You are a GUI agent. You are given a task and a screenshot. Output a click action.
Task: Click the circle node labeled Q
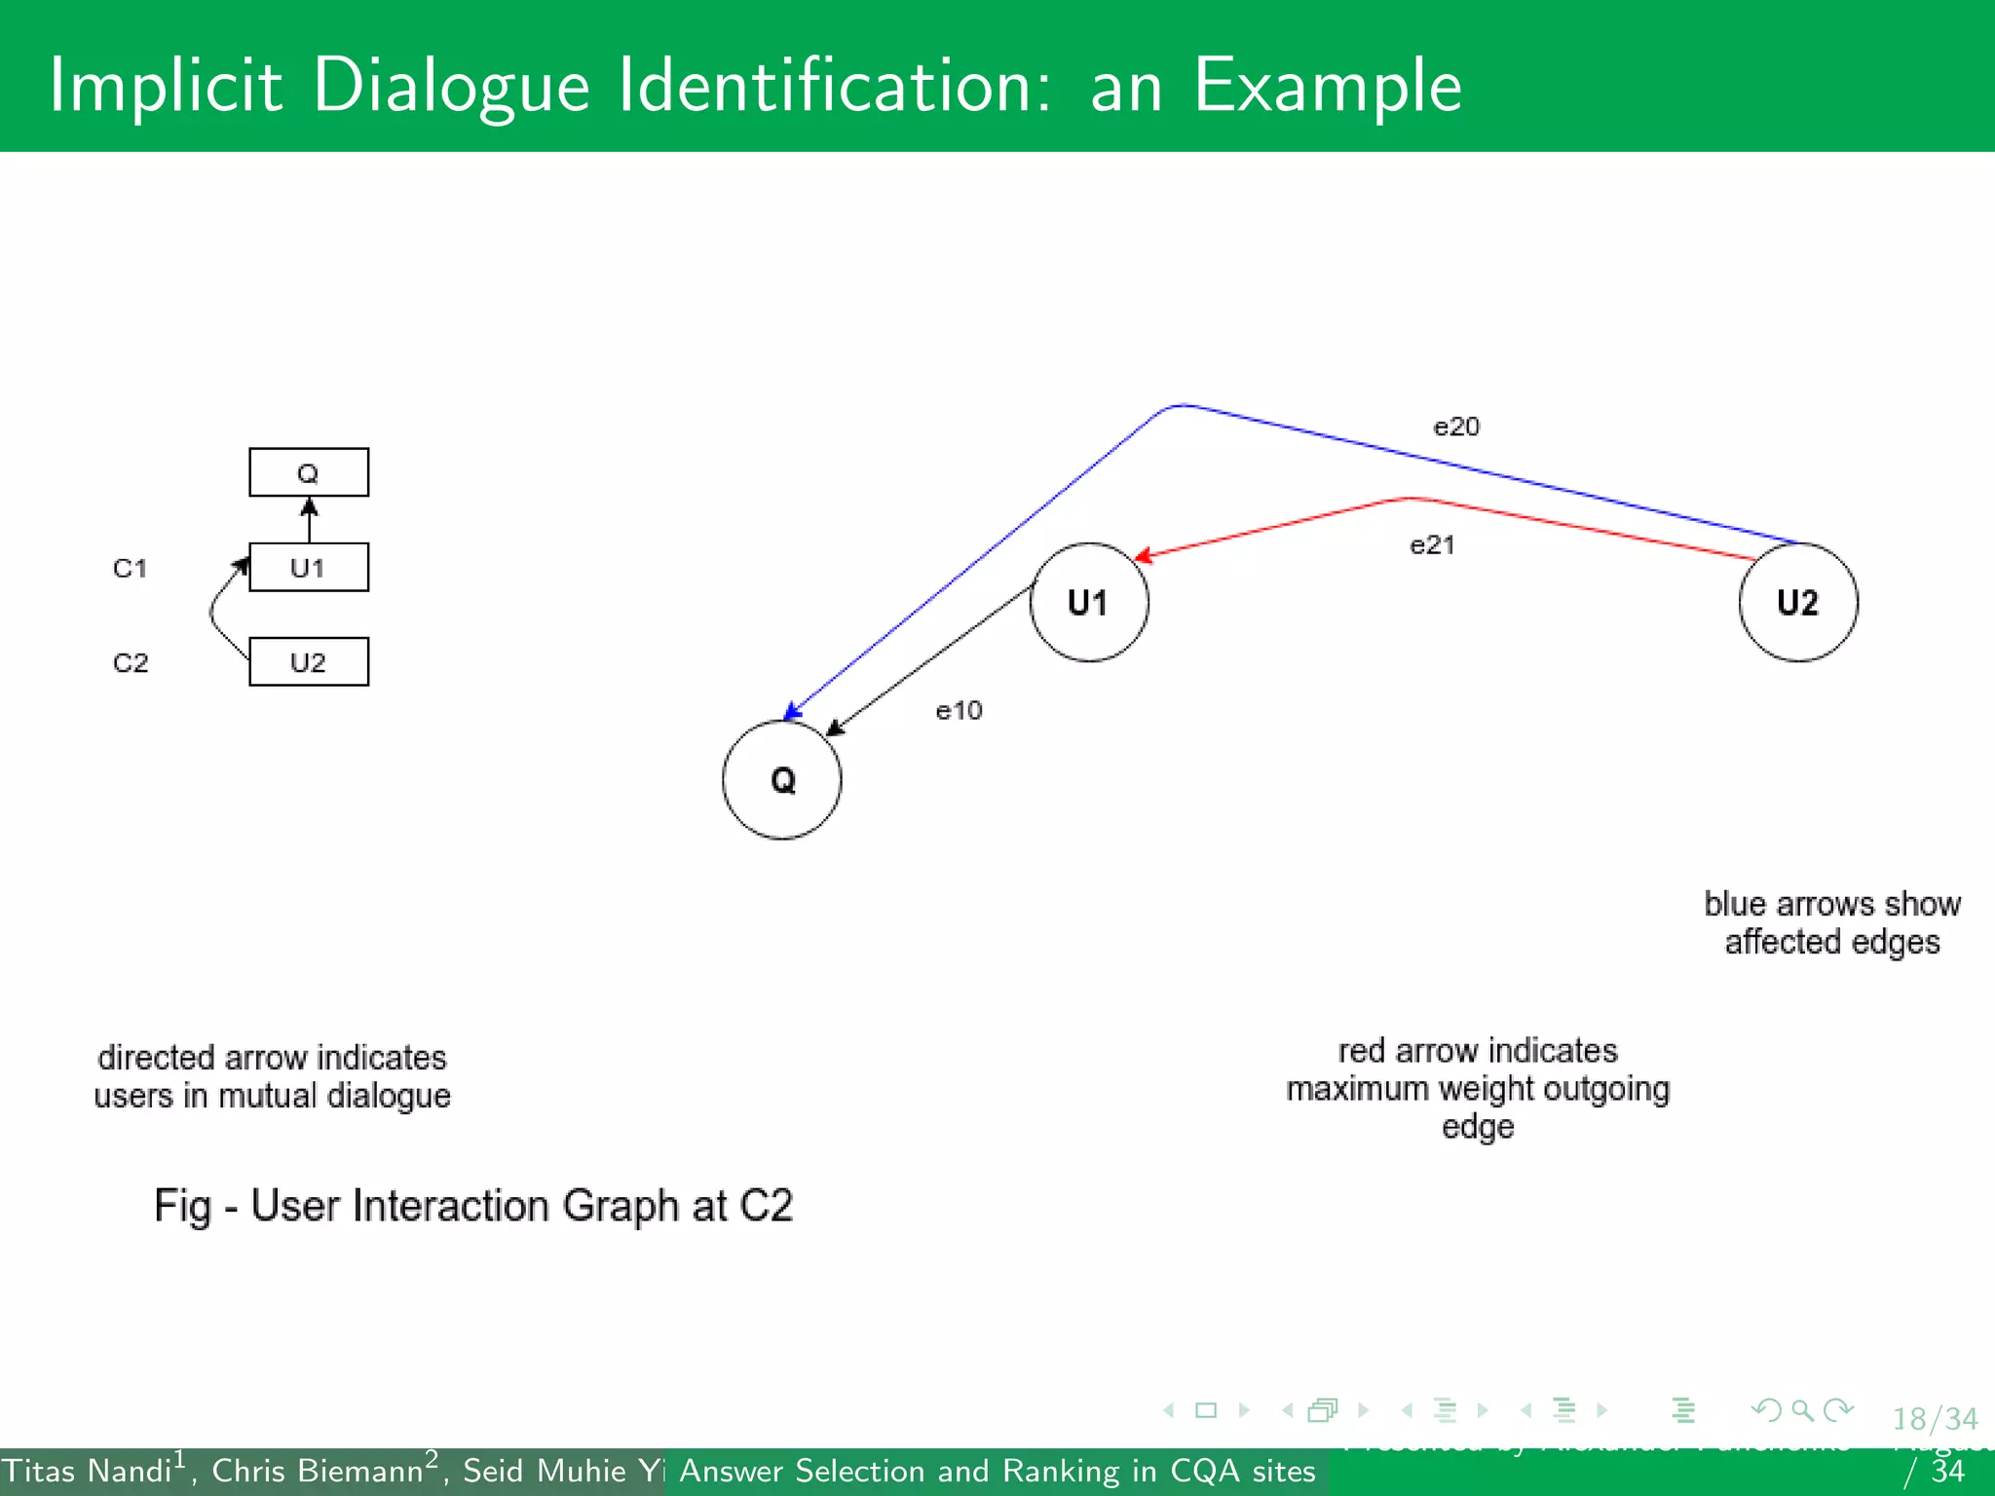(x=781, y=779)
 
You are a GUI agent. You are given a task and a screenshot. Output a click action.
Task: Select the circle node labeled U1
(x=1089, y=602)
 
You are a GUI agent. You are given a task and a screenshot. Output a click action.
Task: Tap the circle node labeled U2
(x=1798, y=602)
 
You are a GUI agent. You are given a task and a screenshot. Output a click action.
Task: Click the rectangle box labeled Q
(x=309, y=472)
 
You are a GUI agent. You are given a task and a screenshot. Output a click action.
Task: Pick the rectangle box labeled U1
(x=309, y=567)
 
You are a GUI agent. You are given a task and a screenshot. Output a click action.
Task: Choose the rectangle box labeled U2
(x=309, y=662)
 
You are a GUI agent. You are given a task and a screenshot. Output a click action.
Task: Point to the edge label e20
(x=1456, y=427)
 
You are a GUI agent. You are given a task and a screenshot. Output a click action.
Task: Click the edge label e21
(x=1432, y=544)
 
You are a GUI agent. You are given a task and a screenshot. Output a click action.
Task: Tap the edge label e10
(x=959, y=711)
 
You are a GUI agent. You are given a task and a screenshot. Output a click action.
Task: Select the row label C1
(x=131, y=568)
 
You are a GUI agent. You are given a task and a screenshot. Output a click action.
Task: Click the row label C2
(x=131, y=663)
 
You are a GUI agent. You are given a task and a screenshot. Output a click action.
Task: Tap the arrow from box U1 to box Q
(x=310, y=520)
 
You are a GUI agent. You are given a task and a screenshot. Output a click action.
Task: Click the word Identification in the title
(x=835, y=86)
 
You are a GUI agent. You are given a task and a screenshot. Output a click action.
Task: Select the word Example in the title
(x=1328, y=86)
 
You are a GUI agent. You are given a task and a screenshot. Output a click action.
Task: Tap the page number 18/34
(x=1935, y=1419)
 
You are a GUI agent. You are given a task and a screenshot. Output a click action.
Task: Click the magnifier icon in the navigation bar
(x=1803, y=1410)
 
